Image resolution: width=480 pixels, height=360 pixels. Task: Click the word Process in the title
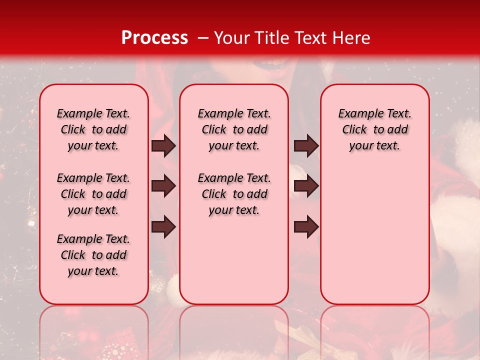click(x=154, y=38)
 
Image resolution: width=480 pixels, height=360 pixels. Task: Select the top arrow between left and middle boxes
click(x=163, y=146)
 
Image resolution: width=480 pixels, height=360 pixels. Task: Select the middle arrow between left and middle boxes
click(x=163, y=186)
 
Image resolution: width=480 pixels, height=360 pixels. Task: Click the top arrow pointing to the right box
click(x=306, y=146)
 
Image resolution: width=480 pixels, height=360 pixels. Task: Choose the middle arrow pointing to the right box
click(x=306, y=186)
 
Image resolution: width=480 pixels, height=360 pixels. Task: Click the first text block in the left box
click(x=93, y=129)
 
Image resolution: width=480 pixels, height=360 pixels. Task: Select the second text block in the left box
click(x=93, y=194)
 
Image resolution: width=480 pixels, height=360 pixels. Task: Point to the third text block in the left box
click(x=93, y=255)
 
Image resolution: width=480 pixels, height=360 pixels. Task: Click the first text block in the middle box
click(x=234, y=129)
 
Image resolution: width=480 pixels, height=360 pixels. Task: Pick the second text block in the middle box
click(x=234, y=194)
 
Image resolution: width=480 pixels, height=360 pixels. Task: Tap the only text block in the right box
click(x=374, y=129)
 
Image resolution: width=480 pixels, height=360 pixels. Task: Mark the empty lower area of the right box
click(x=374, y=235)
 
